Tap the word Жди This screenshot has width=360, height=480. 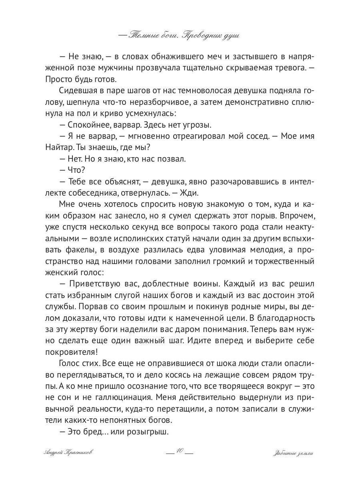pyautogui.click(x=190, y=193)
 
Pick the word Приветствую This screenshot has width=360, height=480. pyautogui.click(x=94, y=284)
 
